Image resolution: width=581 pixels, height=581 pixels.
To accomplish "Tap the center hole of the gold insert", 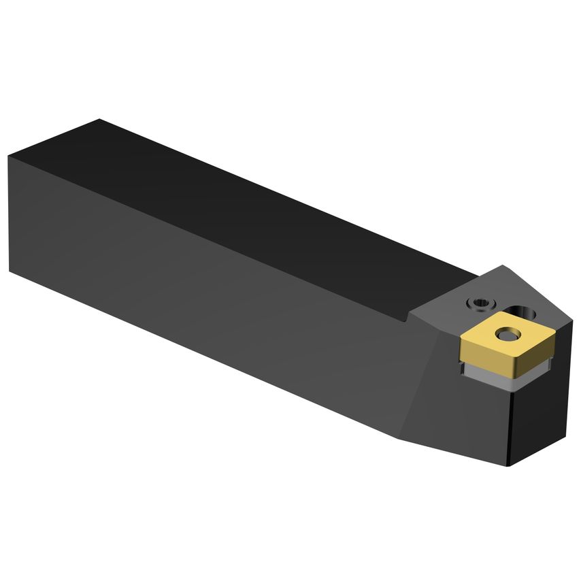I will (x=507, y=334).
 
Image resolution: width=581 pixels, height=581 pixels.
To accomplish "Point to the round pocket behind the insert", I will (x=528, y=314).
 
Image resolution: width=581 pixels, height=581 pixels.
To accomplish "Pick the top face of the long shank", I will (x=272, y=204).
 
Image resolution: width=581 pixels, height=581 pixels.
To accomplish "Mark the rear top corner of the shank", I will (x=99, y=120).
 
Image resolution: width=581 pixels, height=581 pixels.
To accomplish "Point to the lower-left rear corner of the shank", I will (x=10, y=270).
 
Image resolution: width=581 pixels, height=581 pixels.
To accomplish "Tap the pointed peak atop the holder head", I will (x=503, y=265).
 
